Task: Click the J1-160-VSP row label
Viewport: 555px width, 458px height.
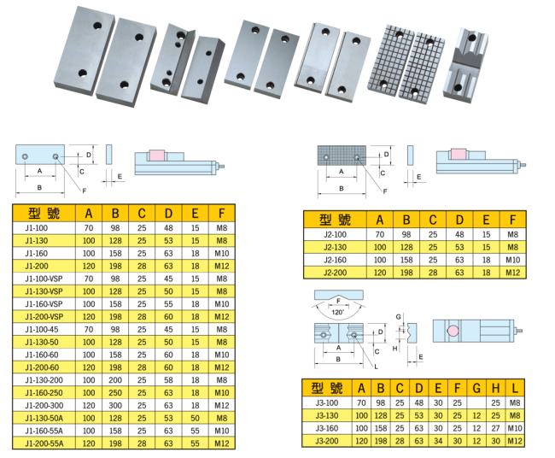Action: click(x=44, y=304)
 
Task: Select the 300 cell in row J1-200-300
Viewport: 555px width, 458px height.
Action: click(x=115, y=405)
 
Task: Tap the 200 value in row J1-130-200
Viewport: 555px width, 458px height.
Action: click(x=115, y=380)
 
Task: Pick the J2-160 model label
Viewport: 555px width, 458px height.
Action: click(x=336, y=260)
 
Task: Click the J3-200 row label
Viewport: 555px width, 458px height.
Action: click(x=327, y=441)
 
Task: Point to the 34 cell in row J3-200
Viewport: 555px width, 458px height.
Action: click(x=438, y=441)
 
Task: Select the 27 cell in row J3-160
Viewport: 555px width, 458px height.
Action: click(x=495, y=428)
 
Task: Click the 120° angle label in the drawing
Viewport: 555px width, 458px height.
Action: click(x=337, y=312)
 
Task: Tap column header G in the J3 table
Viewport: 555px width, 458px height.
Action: click(x=476, y=389)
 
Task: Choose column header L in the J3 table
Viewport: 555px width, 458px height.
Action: click(x=515, y=389)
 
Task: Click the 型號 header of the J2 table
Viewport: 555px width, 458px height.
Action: click(x=335, y=220)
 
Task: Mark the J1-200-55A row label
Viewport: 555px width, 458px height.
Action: click(x=44, y=443)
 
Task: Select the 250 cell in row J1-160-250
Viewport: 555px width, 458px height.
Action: click(x=115, y=393)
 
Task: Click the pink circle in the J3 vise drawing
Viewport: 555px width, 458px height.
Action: click(x=453, y=331)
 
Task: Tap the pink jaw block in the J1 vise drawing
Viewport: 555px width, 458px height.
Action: click(x=157, y=156)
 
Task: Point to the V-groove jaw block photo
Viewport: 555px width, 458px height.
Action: click(x=466, y=65)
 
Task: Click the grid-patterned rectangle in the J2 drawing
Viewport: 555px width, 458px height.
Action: click(x=342, y=156)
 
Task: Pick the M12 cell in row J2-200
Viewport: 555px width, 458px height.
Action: click(x=513, y=273)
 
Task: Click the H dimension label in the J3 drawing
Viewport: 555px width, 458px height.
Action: click(x=395, y=349)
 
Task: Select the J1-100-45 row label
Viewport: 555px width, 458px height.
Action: click(x=42, y=330)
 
